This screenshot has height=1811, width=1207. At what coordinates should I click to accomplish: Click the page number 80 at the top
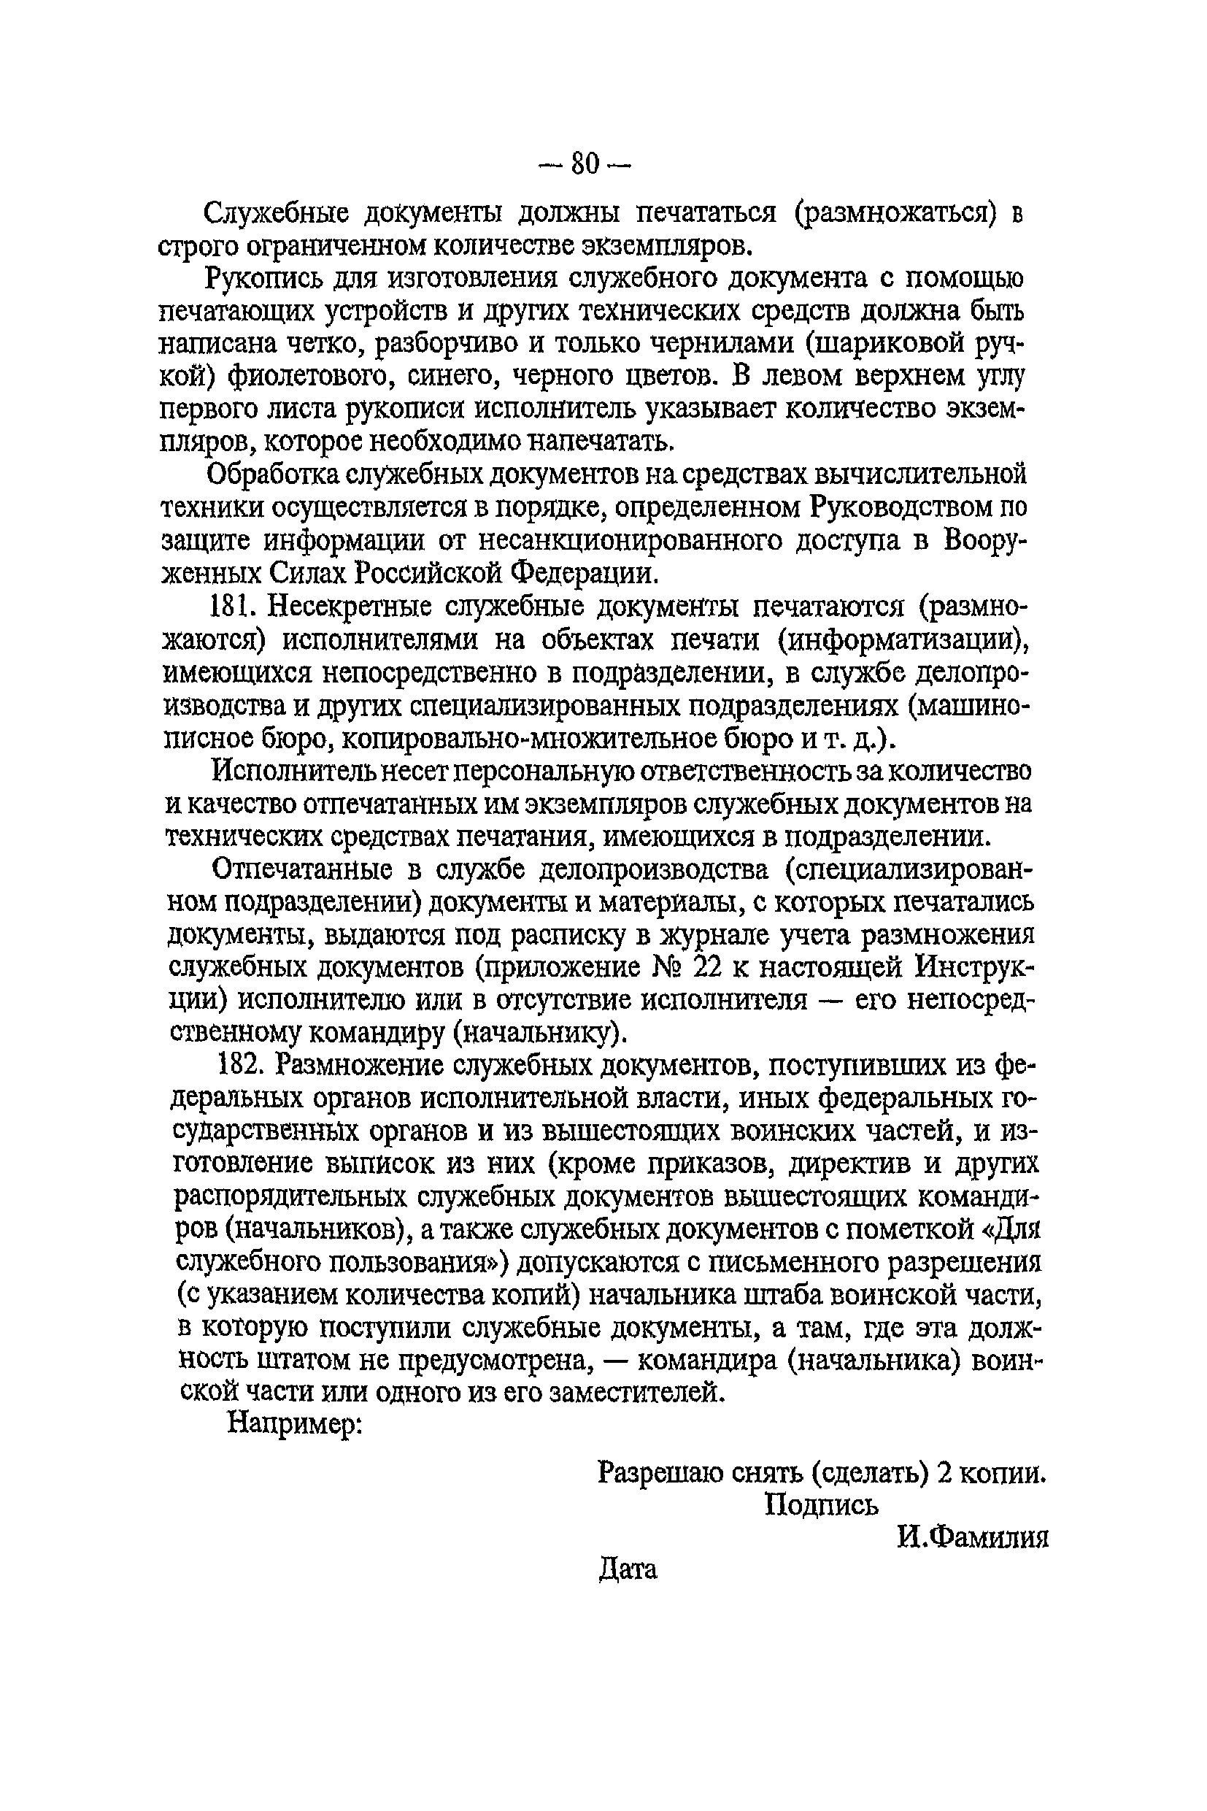pyautogui.click(x=585, y=164)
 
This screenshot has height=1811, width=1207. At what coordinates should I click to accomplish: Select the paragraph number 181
pyautogui.click(x=233, y=607)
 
